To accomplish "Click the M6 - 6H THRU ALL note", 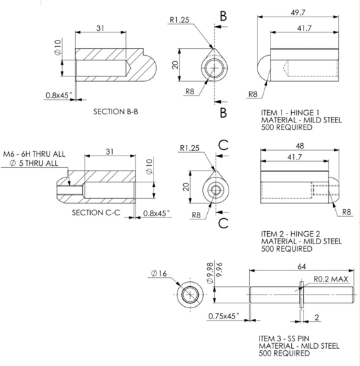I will click(x=34, y=154).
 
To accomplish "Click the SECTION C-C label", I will click(x=97, y=213).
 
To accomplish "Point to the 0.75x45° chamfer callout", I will click(x=223, y=316).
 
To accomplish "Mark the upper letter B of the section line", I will click(x=223, y=15).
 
